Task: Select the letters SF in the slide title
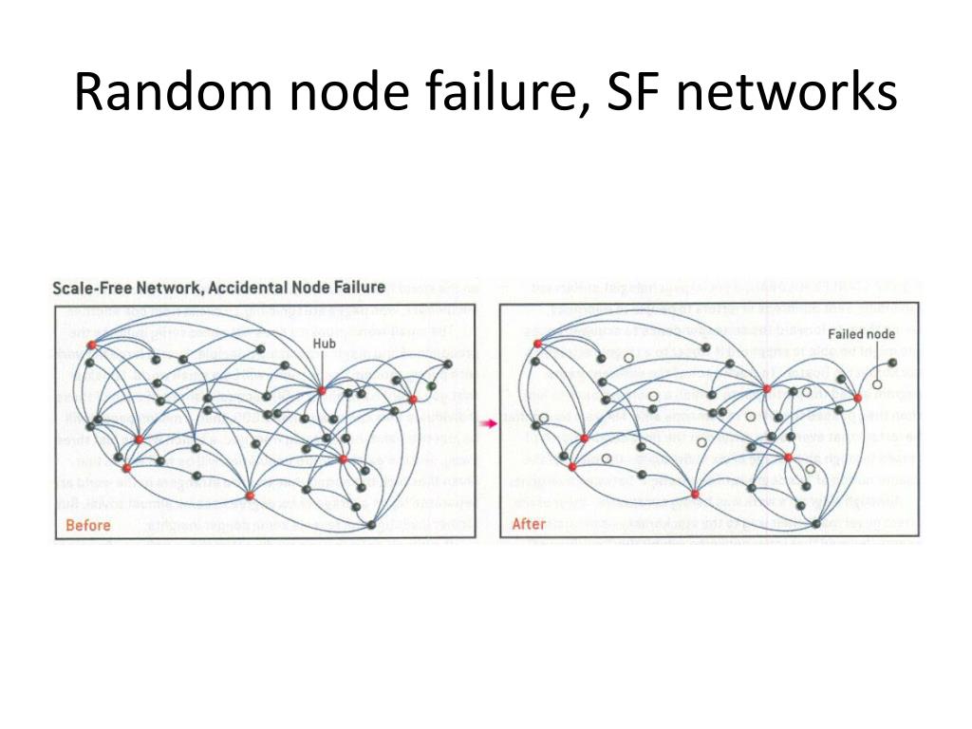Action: click(639, 94)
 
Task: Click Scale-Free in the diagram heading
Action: click(93, 288)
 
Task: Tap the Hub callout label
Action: click(324, 345)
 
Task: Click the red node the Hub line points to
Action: click(322, 390)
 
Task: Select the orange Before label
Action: click(88, 524)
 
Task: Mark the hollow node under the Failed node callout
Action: click(878, 384)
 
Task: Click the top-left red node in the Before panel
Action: click(91, 345)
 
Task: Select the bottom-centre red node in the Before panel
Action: click(250, 495)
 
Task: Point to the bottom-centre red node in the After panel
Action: click(695, 495)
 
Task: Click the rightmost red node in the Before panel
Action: click(413, 399)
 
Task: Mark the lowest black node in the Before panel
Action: click(371, 525)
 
